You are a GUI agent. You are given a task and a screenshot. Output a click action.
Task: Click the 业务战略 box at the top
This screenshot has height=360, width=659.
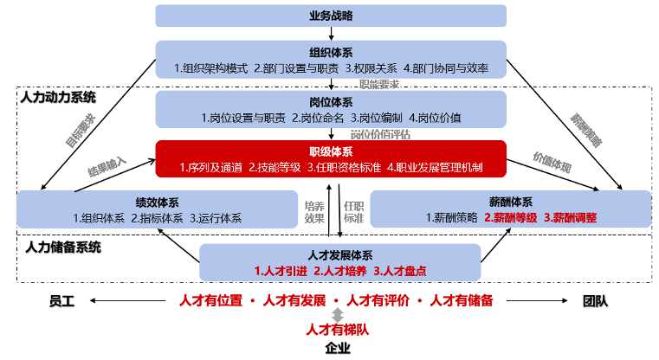[x=330, y=16]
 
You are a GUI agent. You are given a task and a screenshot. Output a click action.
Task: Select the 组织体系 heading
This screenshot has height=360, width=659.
[x=330, y=51]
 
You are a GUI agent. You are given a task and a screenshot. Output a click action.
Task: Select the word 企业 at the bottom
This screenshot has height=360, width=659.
[x=337, y=349]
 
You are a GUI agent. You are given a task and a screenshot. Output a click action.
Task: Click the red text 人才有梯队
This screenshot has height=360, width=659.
[x=337, y=330]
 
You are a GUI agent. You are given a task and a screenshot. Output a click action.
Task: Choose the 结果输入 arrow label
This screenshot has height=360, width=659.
[x=107, y=161]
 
